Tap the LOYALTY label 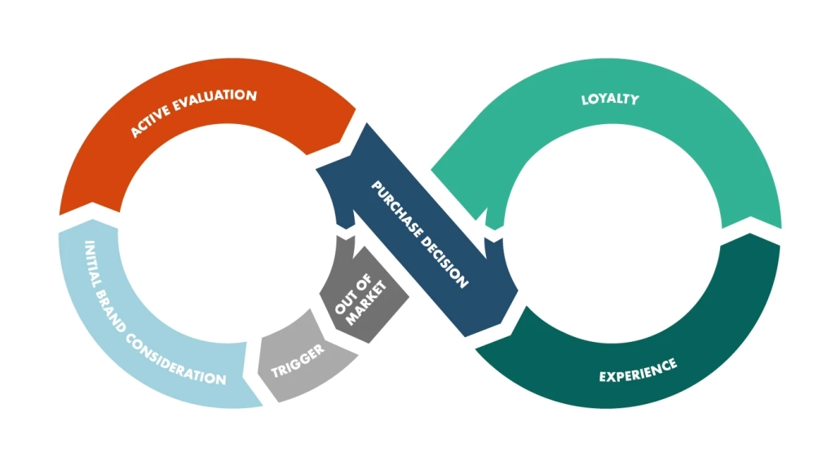pos(609,100)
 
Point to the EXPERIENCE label pos(637,370)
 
